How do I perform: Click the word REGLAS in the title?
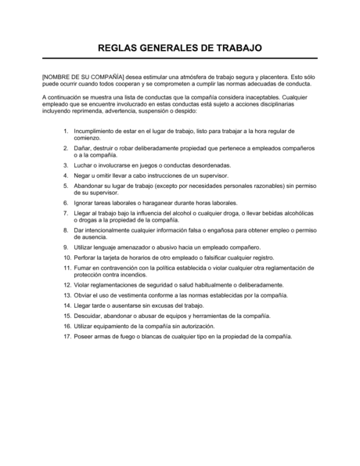point(122,47)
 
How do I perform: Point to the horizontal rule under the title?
point(179,59)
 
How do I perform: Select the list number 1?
point(66,127)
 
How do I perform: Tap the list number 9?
point(66,246)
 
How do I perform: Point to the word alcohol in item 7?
point(184,213)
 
